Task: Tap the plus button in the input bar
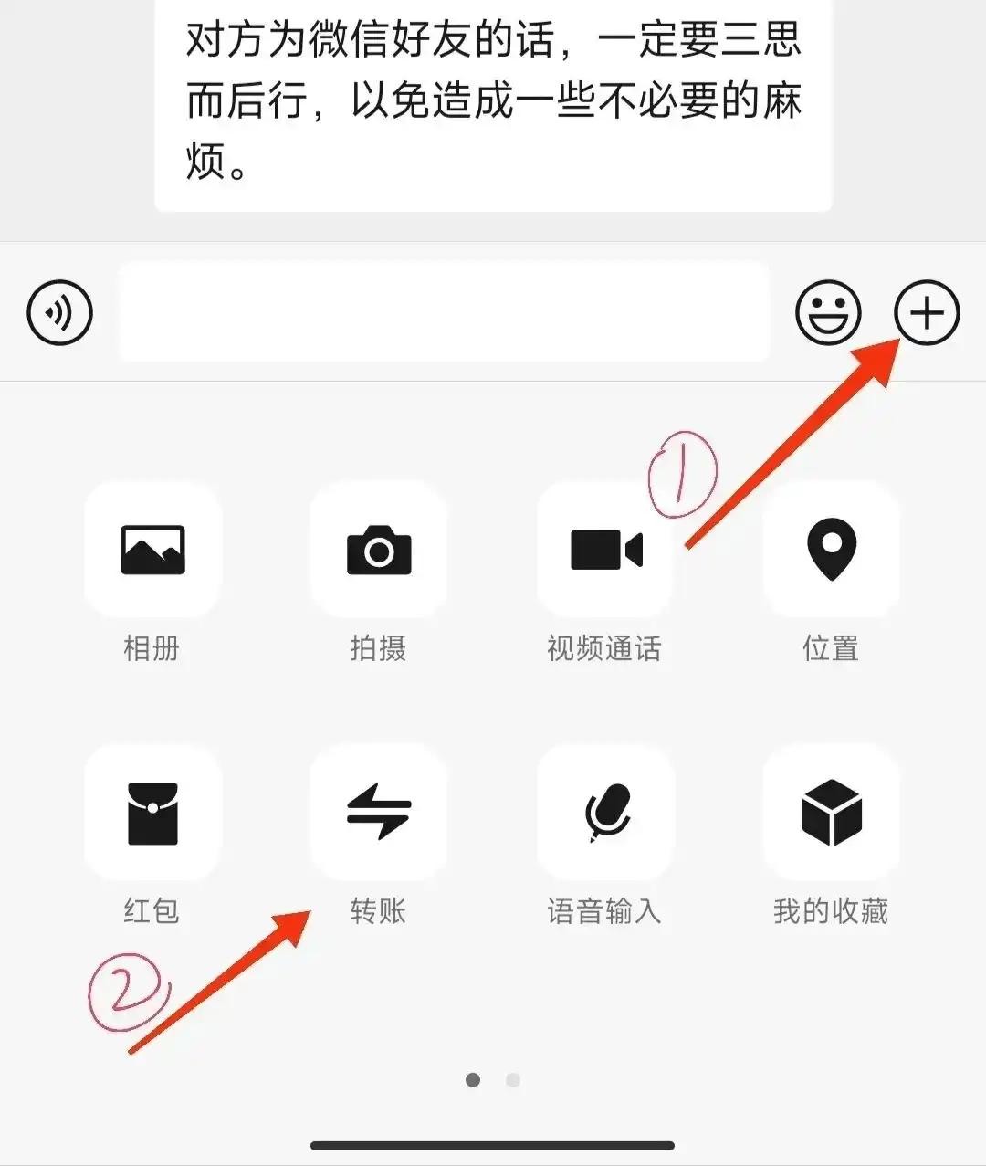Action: pyautogui.click(x=927, y=312)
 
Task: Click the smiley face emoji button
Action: pyautogui.click(x=828, y=312)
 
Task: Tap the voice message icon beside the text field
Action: pyautogui.click(x=59, y=312)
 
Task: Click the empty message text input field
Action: pyautogui.click(x=444, y=311)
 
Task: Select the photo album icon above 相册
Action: pyautogui.click(x=152, y=550)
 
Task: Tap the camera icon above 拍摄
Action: pyautogui.click(x=379, y=550)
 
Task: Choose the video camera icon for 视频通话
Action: pyautogui.click(x=606, y=550)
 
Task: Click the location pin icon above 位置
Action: pyautogui.click(x=832, y=549)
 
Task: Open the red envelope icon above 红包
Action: pyautogui.click(x=152, y=814)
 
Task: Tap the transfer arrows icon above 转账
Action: pyautogui.click(x=379, y=812)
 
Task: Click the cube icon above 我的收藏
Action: pyautogui.click(x=832, y=813)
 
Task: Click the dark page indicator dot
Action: pyautogui.click(x=473, y=1079)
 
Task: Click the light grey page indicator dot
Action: pyautogui.click(x=513, y=1079)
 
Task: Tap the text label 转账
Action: pyautogui.click(x=378, y=910)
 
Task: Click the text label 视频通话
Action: pyautogui.click(x=604, y=647)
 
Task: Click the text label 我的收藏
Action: pyautogui.click(x=831, y=910)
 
